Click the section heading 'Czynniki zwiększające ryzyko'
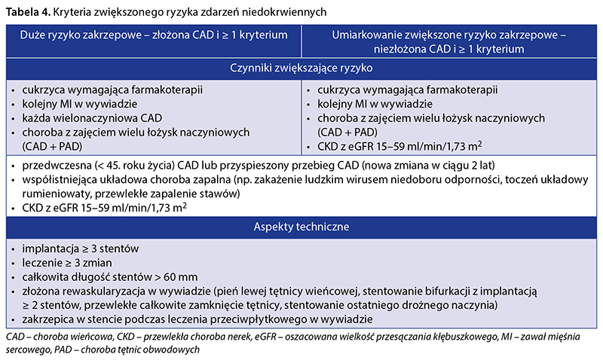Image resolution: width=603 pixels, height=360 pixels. coord(301,68)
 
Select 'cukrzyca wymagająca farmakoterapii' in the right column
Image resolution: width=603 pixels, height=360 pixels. coord(408,90)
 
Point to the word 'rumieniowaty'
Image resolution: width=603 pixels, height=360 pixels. coord(51,194)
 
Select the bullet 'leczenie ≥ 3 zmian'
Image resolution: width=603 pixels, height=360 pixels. coord(66,262)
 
